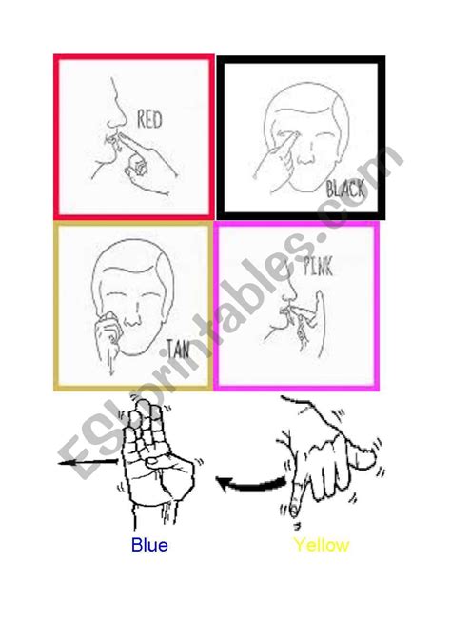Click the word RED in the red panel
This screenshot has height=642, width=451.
[149, 121]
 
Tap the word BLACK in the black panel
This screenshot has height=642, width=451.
[344, 190]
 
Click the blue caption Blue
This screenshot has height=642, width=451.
[149, 546]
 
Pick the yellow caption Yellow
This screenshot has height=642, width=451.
[321, 546]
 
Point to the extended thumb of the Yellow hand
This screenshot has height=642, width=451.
[362, 457]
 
